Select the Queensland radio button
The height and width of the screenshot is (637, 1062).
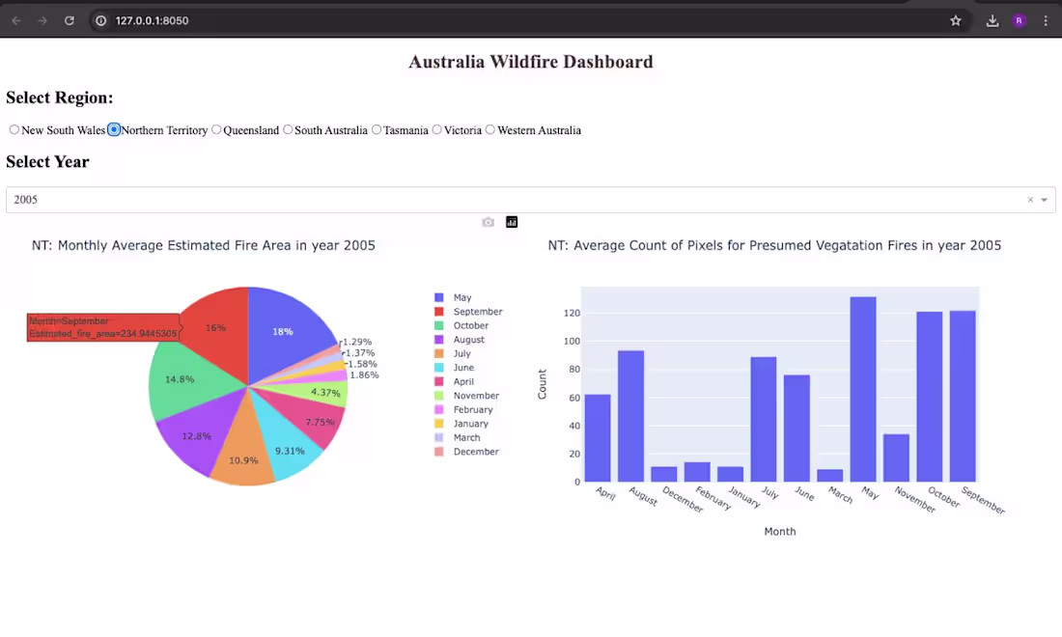216,130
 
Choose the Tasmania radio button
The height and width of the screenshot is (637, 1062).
377,130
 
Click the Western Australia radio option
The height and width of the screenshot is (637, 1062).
490,130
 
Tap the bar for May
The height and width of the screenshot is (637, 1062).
863,390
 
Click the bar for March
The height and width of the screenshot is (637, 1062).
830,476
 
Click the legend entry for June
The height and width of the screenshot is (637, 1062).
463,368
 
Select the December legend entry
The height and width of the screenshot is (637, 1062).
475,452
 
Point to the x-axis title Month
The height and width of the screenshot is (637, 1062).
780,532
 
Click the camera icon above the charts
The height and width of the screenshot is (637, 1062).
489,222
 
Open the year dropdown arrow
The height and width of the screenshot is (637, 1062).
1044,200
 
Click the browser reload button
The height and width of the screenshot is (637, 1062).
70,20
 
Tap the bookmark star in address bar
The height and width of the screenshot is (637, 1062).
956,20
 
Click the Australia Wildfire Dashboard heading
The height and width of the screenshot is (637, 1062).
530,62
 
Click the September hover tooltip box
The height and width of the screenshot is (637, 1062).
102,327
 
